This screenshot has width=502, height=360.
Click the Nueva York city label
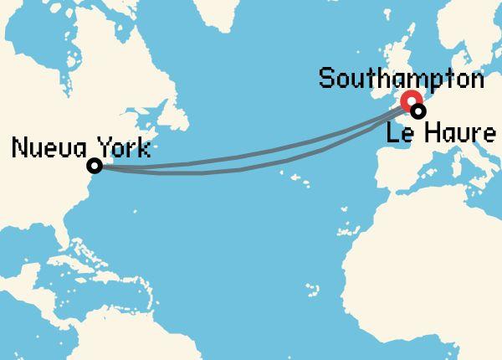81,149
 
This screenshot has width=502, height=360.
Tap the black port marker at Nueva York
95,166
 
